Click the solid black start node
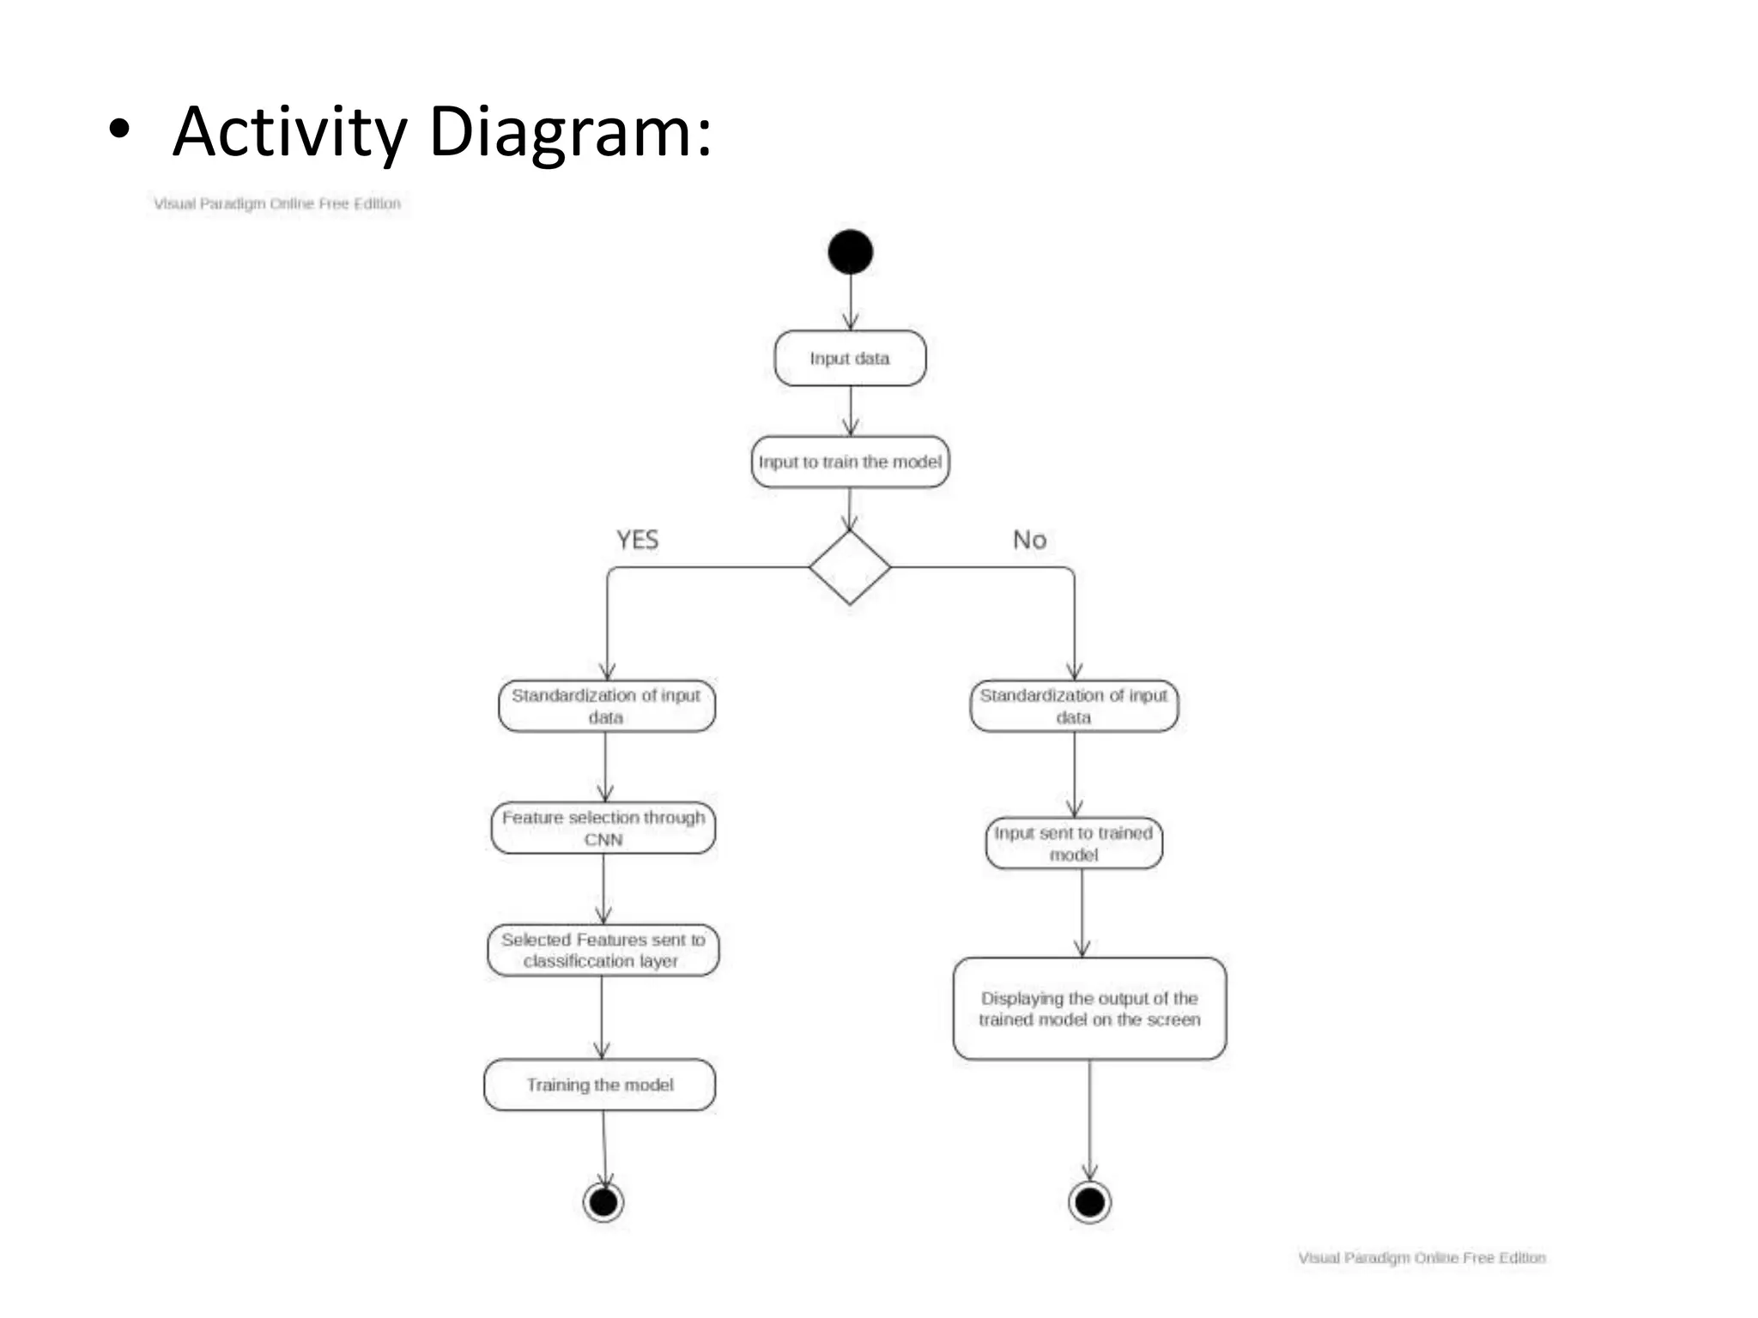tap(850, 252)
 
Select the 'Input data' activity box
tap(850, 359)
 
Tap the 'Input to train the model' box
tap(850, 463)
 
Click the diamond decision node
tap(850, 567)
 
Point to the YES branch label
tap(637, 540)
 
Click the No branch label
tap(1029, 540)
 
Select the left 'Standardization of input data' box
tap(606, 706)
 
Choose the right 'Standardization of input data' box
tap(1074, 706)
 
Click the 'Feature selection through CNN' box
tap(603, 828)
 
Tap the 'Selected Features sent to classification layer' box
tap(603, 950)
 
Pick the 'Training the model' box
tap(600, 1085)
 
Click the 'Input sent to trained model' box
tap(1074, 843)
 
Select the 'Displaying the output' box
tap(1089, 1009)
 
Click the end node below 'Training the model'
tap(603, 1202)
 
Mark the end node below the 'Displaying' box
tap(1089, 1202)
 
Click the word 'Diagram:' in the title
tap(570, 133)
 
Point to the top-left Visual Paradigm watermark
tap(277, 204)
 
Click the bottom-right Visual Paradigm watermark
tap(1422, 1258)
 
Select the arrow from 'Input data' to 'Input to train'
tap(850, 411)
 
